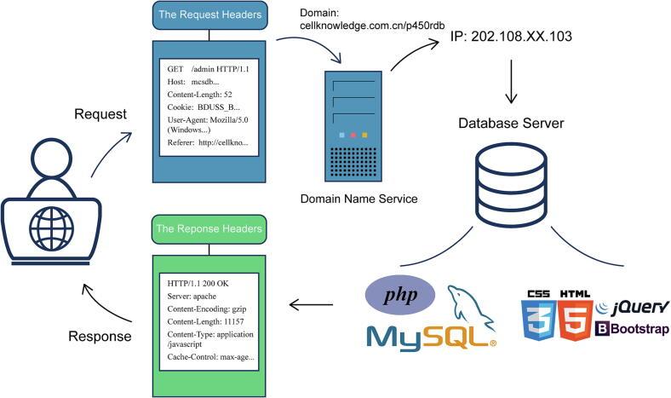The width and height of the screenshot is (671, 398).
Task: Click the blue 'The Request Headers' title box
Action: [x=209, y=14]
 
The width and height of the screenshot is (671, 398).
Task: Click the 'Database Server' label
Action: [x=512, y=124]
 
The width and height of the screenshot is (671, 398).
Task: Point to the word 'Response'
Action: [x=99, y=336]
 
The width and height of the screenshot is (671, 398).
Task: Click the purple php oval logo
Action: [x=400, y=295]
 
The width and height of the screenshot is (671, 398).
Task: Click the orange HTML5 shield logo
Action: [x=576, y=316]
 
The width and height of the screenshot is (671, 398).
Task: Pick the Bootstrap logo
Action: [x=634, y=329]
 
